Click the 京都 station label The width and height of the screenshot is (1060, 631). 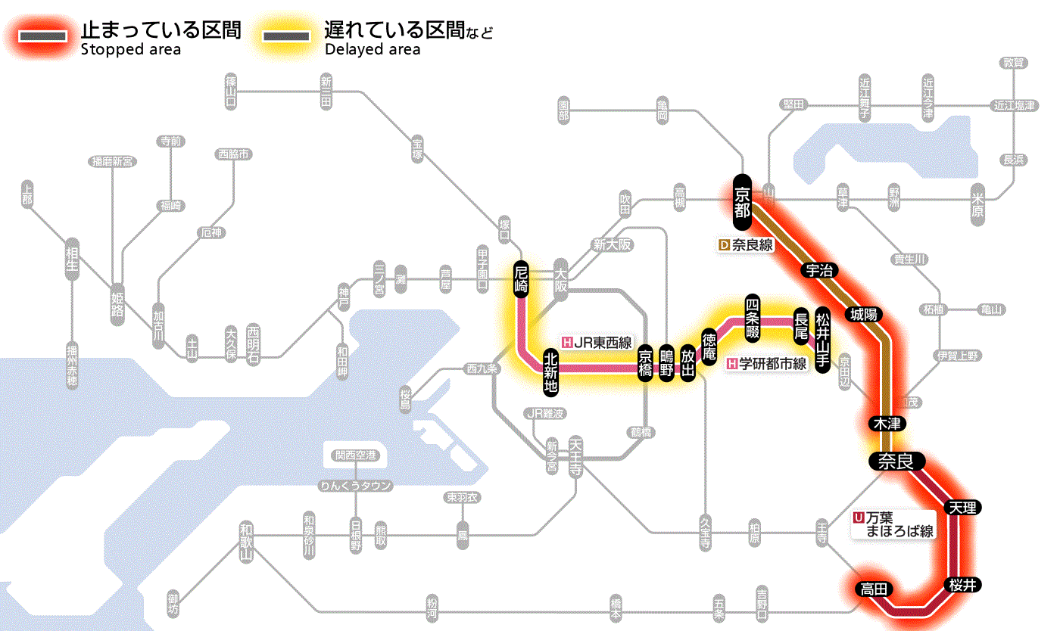(742, 202)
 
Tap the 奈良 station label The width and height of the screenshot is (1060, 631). (896, 461)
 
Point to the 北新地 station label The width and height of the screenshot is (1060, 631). (550, 371)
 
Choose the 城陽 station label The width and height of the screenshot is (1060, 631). (865, 313)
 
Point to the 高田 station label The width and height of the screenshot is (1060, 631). (874, 589)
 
